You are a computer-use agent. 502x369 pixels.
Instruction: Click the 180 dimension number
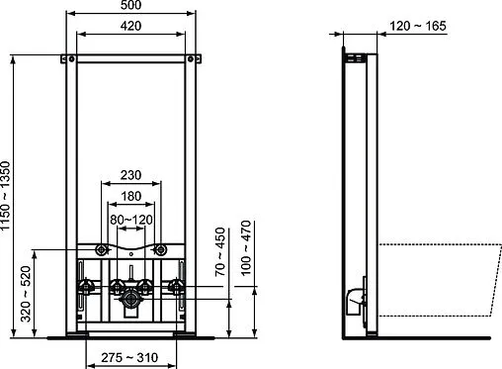click(132, 195)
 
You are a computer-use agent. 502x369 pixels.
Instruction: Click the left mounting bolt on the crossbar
click(102, 249)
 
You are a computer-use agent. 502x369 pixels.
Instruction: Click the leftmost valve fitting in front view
click(84, 289)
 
